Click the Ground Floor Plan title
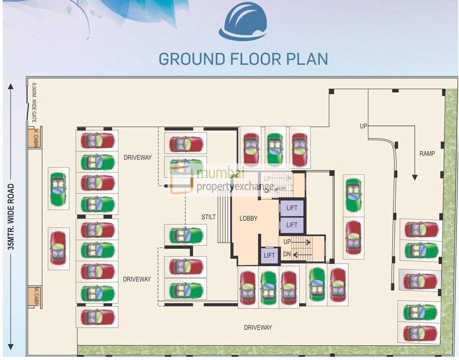pos(243,59)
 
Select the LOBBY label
pos(249,218)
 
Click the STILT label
pos(209,217)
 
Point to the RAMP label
pos(427,154)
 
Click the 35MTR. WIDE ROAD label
pos(11,217)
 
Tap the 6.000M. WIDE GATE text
pos(34,102)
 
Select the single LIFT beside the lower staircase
pos(269,255)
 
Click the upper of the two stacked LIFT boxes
pos(291,208)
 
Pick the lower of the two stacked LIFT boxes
pos(291,225)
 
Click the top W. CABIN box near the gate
pos(34,138)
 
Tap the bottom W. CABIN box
pos(34,296)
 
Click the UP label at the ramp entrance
pos(363,126)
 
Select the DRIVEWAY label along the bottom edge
pos(258,327)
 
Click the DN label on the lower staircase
pos(286,254)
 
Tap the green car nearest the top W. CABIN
pos(58,189)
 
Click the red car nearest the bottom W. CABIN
pos(58,248)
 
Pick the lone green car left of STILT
pos(185,235)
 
